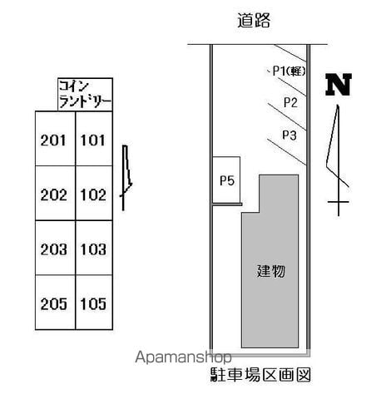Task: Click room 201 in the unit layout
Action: [55, 139]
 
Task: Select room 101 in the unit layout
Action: [94, 139]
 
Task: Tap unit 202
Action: [55, 193]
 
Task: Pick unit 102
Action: [94, 193]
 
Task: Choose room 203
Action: [55, 248]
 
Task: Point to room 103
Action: [94, 248]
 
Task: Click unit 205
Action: [55, 303]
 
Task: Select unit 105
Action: [94, 303]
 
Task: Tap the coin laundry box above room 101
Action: [85, 95]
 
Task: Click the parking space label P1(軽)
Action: [289, 71]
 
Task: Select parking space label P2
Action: [290, 103]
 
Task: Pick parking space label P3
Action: [289, 135]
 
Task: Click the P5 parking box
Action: [226, 180]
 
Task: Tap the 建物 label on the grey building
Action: [270, 271]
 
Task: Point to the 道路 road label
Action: [254, 20]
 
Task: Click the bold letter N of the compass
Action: [339, 85]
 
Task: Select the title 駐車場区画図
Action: [260, 375]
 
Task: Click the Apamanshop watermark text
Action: [183, 357]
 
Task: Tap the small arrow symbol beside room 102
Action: [126, 177]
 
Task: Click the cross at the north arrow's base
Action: [339, 202]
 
